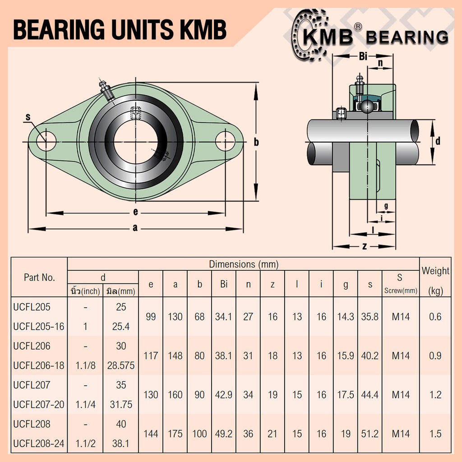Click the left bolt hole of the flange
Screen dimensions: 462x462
coord(46,141)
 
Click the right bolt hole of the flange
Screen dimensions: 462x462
coord(225,141)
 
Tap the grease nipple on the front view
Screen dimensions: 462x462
coord(106,90)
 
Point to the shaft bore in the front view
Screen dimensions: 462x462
coord(135,142)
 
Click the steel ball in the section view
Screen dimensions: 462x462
coord(367,106)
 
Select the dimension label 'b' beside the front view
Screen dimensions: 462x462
coord(256,142)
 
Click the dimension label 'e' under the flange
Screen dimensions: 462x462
coord(135,212)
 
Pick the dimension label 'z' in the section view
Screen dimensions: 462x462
coord(364,246)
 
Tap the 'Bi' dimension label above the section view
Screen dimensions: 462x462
coord(363,56)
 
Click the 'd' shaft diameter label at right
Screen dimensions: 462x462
coord(438,141)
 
